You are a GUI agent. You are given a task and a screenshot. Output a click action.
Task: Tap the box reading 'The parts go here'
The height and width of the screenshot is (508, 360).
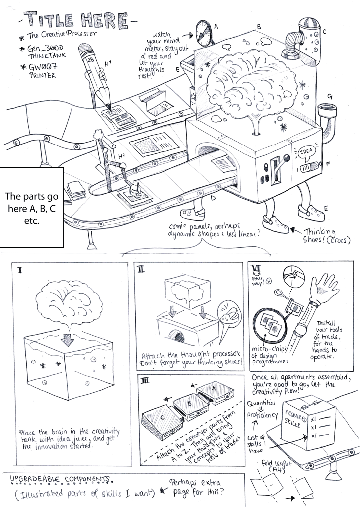32,208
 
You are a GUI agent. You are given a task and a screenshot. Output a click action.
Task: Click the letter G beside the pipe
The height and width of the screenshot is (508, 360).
330,96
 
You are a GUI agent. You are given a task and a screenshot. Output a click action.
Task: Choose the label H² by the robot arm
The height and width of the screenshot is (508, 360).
122,156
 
